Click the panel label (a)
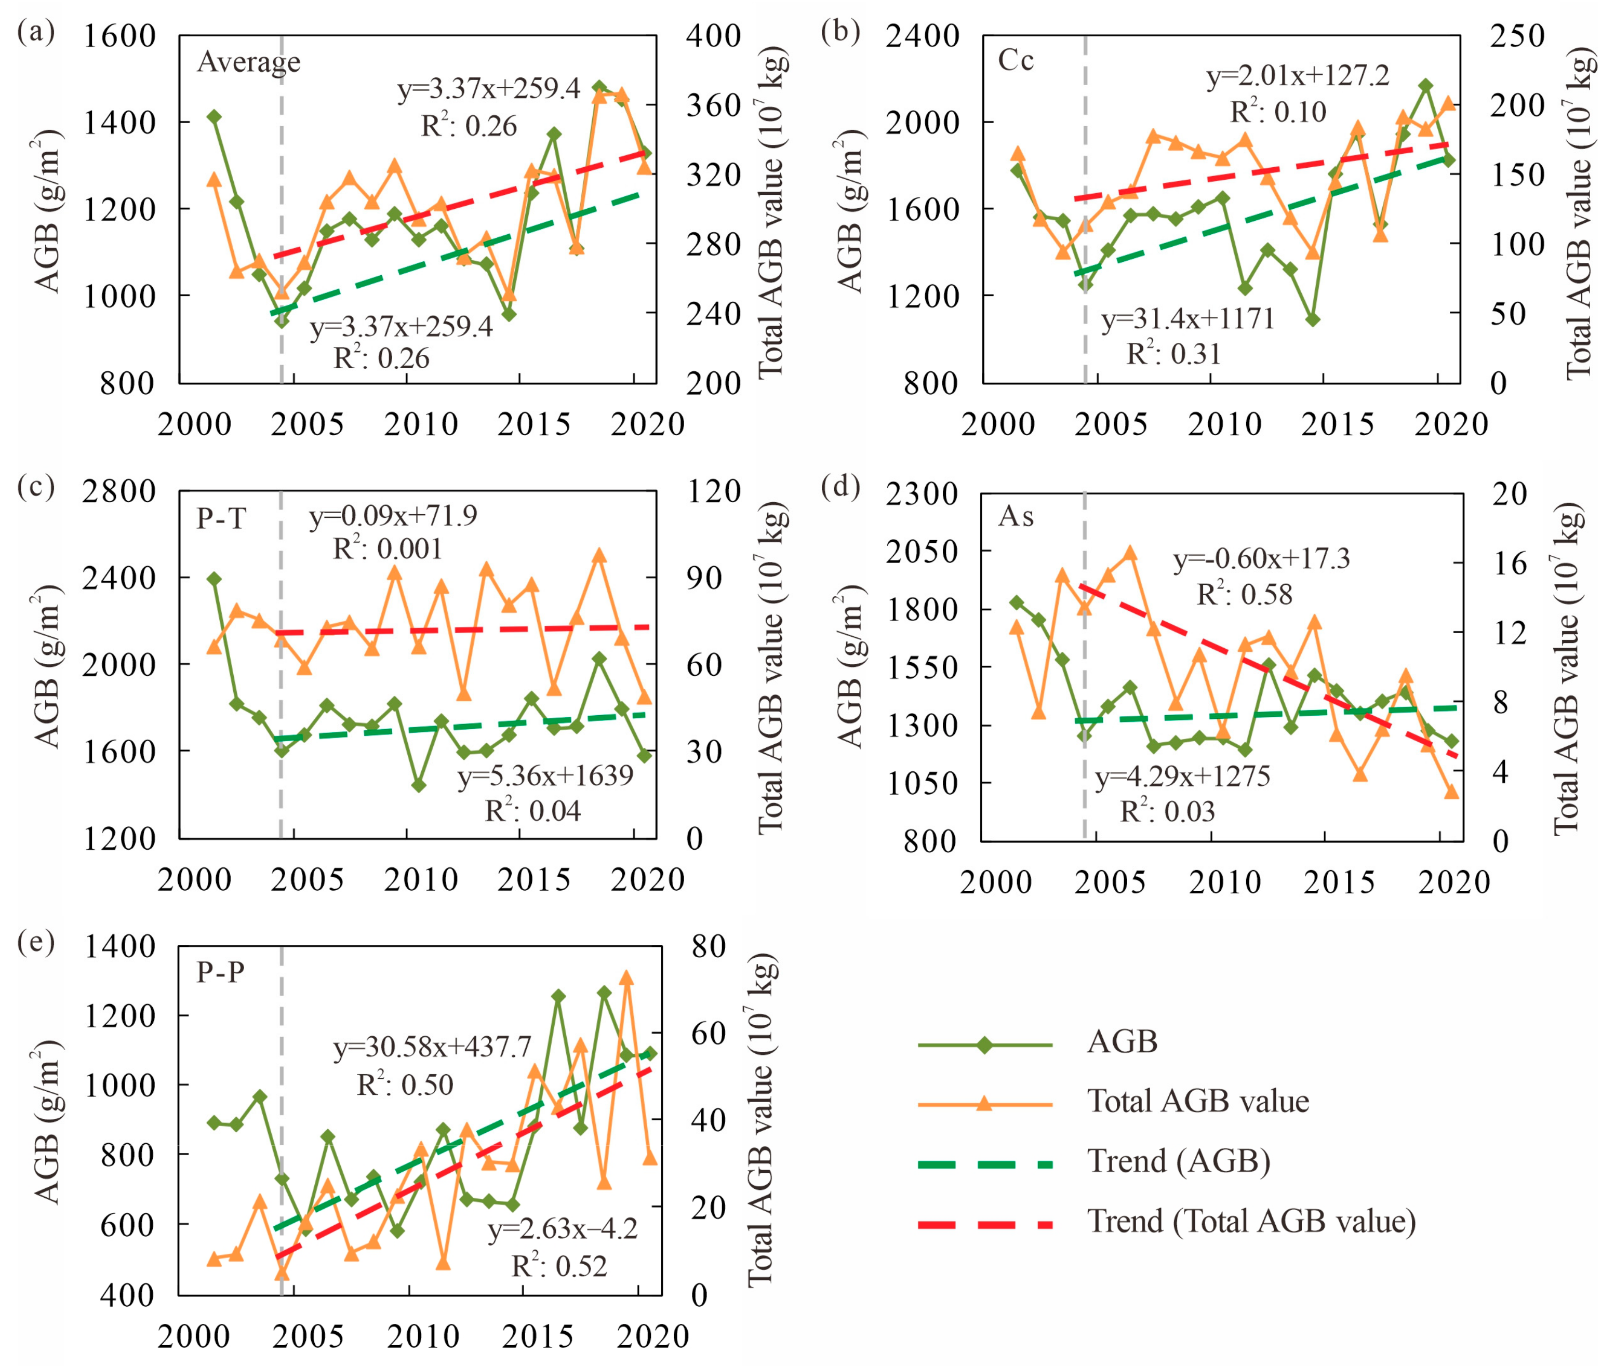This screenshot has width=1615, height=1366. pos(36,33)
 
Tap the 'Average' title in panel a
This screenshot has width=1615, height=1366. pos(249,62)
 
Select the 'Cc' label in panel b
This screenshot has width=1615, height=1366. pos(1016,60)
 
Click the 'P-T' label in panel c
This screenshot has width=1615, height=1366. pos(221,517)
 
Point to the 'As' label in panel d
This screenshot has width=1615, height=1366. pos(1016,516)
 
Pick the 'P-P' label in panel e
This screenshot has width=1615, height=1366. pos(221,971)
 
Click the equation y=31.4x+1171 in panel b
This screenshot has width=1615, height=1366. pos(1188,319)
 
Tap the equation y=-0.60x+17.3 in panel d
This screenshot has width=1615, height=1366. pos(1261,558)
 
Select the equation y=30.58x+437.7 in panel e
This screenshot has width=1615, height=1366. pos(432,1047)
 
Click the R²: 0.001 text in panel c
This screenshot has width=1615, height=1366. pos(388,549)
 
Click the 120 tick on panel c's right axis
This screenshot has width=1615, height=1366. pos(714,491)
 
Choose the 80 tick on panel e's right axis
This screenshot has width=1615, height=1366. pos(708,946)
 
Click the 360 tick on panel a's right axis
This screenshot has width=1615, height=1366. pos(714,105)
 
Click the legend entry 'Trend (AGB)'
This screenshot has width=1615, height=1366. pos(1178,1161)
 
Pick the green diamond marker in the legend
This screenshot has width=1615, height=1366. pos(984,1044)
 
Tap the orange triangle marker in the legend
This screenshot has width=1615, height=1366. pos(984,1103)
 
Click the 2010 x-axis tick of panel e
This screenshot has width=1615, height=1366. pos(422,1336)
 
